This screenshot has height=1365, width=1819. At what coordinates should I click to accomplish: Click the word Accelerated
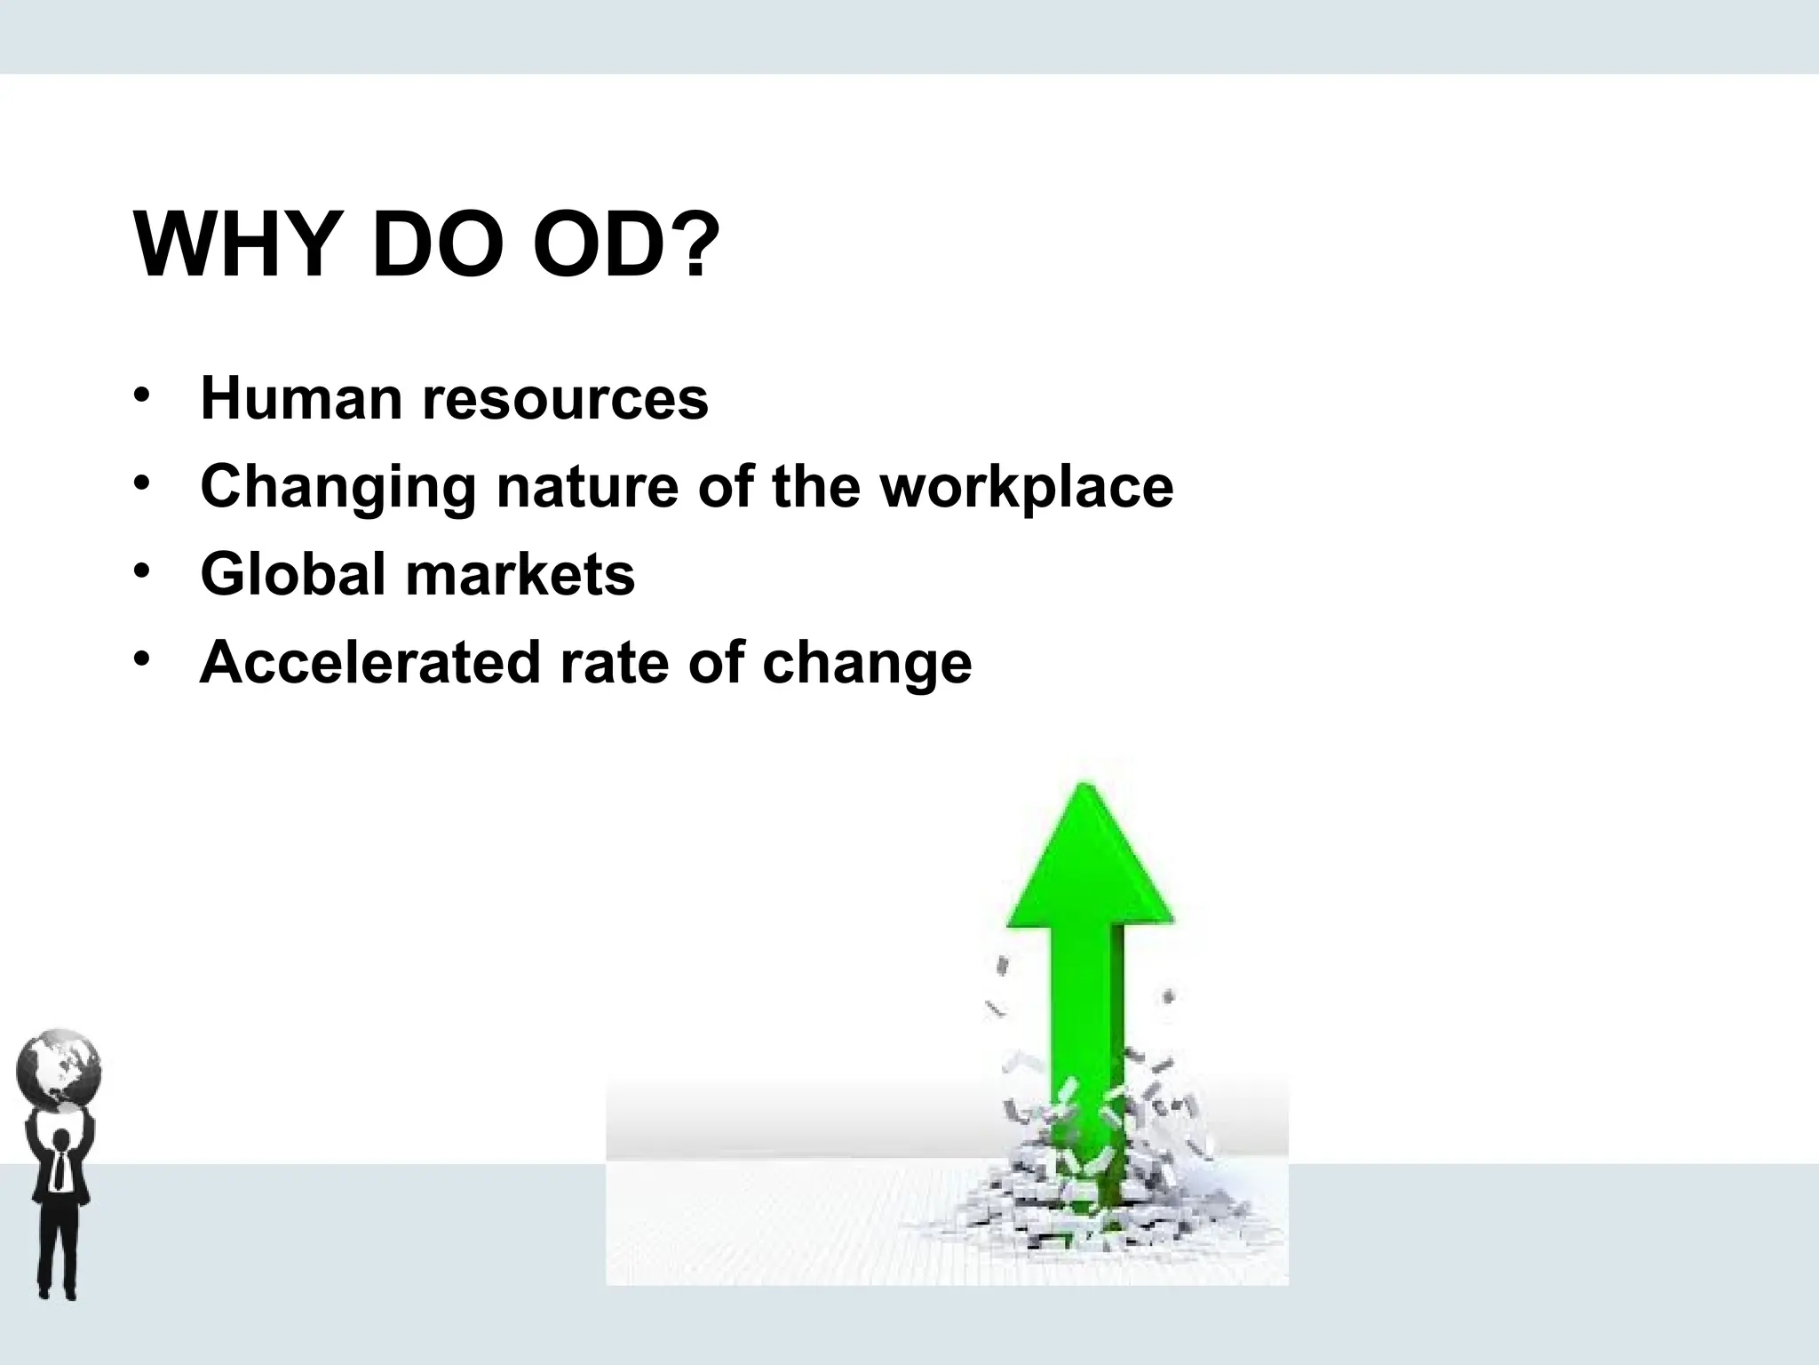pos(369,663)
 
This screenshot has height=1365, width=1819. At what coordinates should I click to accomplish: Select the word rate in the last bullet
pos(614,663)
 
